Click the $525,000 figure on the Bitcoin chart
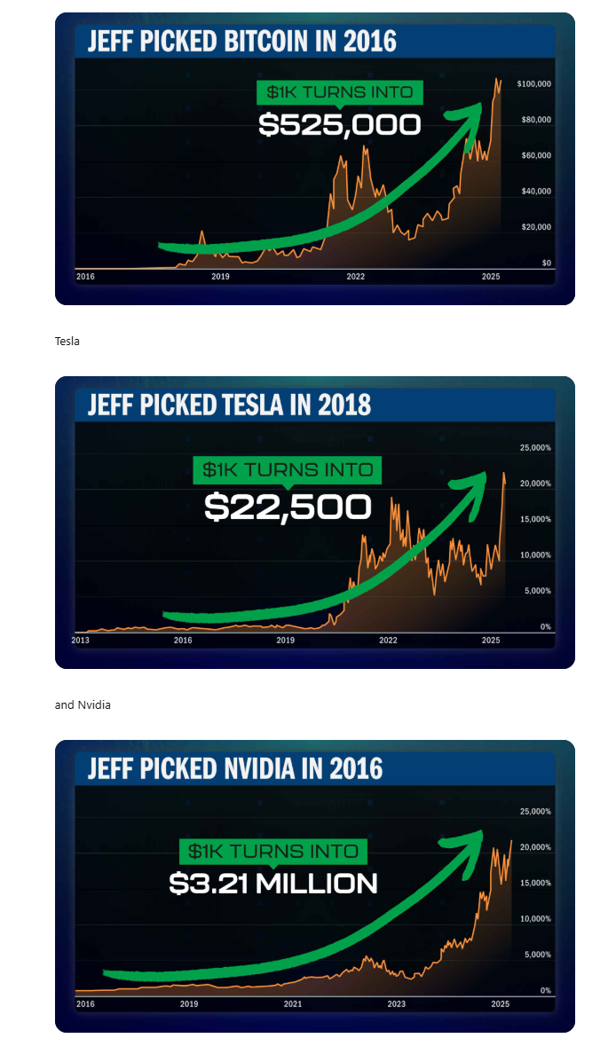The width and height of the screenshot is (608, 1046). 339,125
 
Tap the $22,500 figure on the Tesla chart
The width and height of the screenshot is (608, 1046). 287,507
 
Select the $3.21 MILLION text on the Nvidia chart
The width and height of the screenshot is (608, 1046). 272,884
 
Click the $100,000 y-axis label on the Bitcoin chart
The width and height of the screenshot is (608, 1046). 535,83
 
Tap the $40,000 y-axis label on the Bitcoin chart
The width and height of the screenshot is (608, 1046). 535,192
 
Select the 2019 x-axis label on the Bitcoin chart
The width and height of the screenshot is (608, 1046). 220,277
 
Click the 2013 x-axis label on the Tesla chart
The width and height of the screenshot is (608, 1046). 80,640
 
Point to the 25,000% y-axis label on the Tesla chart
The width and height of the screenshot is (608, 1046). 534,448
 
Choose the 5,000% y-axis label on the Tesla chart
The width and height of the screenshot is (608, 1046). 534,591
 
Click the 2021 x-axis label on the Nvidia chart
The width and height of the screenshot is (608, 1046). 293,1003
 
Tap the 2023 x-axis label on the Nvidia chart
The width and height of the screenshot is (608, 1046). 396,1003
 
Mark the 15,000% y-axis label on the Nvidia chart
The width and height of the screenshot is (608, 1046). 534,883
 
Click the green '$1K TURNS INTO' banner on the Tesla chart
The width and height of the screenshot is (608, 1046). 287,469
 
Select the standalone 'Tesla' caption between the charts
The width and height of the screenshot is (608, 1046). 67,341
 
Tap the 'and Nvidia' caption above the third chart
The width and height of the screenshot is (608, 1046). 83,704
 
